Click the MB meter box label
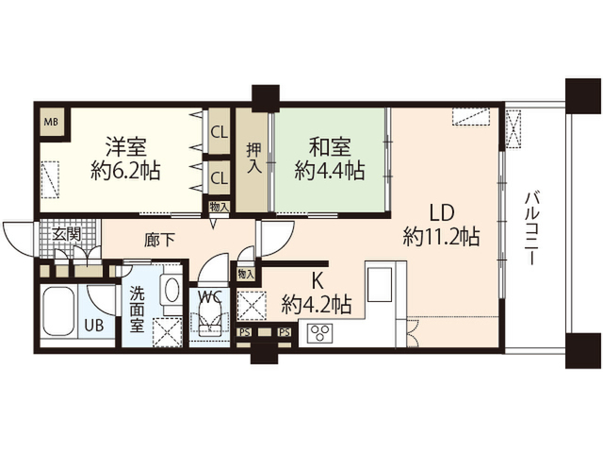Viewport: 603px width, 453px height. (51, 122)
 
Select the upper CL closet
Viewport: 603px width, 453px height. (220, 132)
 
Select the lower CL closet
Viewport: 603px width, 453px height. (220, 177)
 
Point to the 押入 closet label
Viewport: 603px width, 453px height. (253, 158)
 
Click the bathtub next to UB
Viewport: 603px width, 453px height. (58, 311)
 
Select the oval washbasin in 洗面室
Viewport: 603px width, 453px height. (171, 290)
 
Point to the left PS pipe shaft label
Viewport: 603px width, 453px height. (245, 332)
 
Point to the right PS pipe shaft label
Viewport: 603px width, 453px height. (285, 332)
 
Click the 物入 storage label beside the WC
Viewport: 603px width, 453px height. (246, 275)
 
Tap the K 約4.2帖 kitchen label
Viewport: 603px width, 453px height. (317, 294)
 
